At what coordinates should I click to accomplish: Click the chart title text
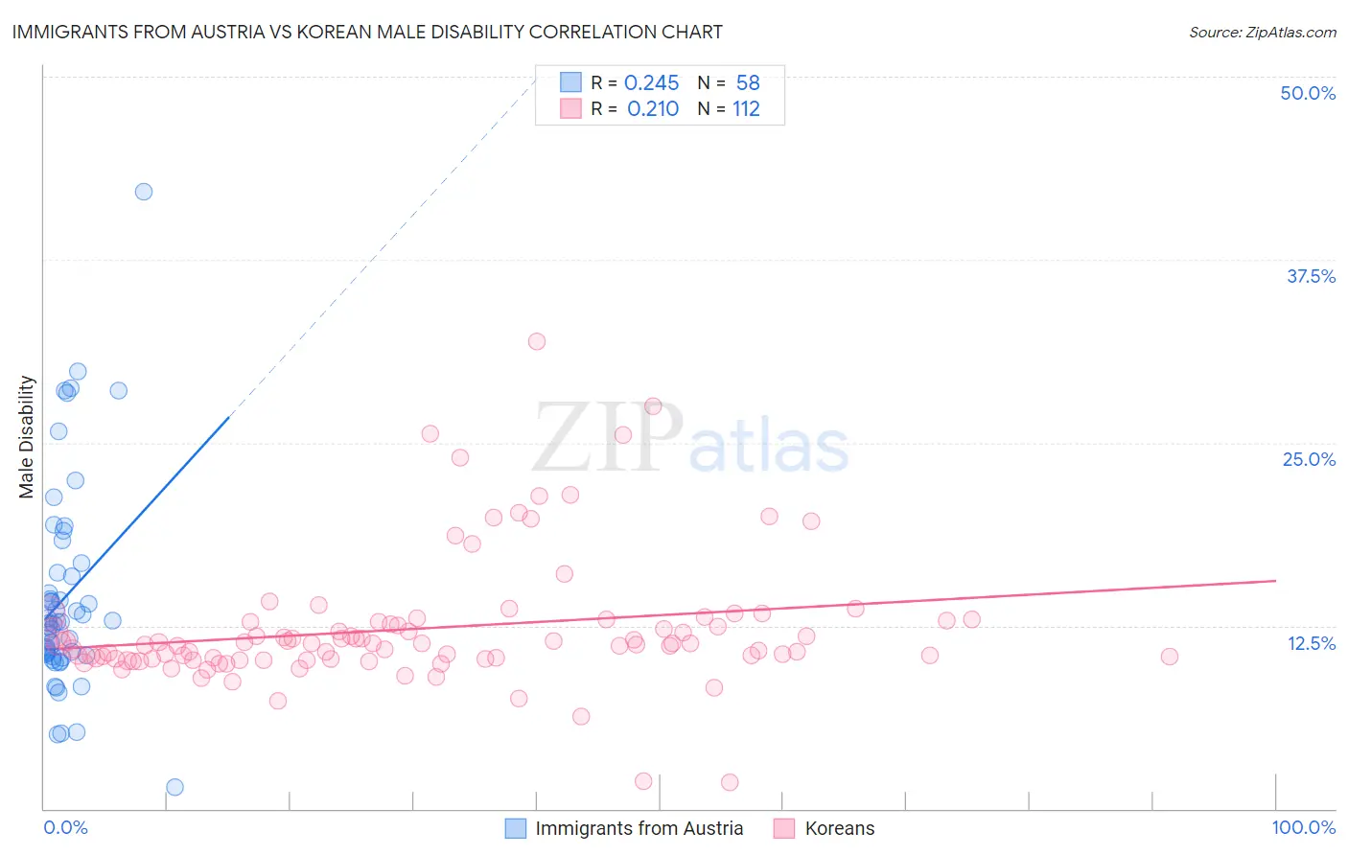coord(367,32)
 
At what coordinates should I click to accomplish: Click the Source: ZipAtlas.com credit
coord(1262,33)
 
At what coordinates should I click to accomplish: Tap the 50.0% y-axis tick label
coord(1308,93)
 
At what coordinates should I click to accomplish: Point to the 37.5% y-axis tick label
coord(1311,276)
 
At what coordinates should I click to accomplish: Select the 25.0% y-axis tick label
coord(1309,459)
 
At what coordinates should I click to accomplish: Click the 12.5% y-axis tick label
coord(1311,643)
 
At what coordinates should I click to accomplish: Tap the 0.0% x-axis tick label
coord(65,827)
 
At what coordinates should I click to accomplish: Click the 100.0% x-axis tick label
coord(1303,827)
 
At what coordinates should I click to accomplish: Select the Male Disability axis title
coord(27,436)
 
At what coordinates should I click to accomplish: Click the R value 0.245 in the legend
coord(651,83)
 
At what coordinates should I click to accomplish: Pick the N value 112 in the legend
coord(746,109)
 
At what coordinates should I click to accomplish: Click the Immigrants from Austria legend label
coord(639,828)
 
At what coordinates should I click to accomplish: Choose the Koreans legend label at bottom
coord(839,828)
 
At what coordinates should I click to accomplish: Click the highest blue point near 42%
coord(144,192)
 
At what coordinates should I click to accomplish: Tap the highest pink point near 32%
coord(537,341)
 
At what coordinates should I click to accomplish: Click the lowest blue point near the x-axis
coord(174,787)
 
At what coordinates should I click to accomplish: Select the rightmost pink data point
coord(1169,657)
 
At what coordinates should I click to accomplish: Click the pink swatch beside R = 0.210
coord(570,108)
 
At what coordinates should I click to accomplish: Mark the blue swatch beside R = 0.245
coord(570,82)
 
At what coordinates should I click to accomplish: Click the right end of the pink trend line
coord(1275,581)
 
